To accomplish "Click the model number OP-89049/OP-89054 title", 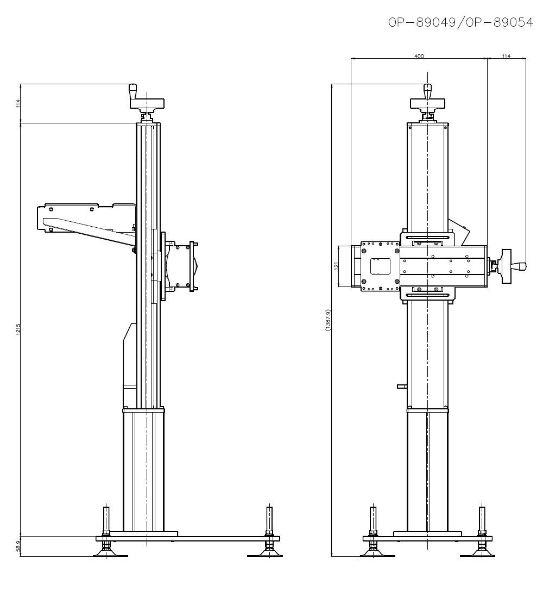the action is (460, 23).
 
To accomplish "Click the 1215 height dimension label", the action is (18, 329).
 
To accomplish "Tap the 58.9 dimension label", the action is (18, 546).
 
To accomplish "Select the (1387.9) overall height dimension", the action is (328, 320).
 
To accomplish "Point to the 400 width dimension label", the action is (419, 56).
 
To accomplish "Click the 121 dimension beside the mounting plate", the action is (336, 266).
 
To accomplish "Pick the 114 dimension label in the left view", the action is (18, 103).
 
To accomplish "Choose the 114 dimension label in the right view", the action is (506, 56).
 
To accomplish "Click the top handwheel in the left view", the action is (147, 103).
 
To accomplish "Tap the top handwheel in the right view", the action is (427, 103).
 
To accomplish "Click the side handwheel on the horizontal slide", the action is (507, 266).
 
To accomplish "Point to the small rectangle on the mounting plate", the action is (380, 266).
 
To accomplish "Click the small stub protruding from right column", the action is (402, 387).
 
